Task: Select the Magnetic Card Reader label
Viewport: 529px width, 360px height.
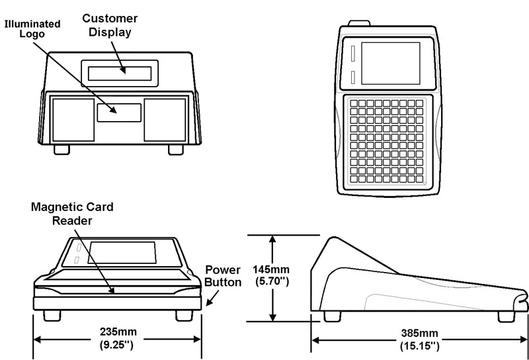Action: click(x=73, y=213)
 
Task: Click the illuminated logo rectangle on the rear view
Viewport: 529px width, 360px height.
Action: click(x=119, y=112)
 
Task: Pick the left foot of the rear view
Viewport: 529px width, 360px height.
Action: click(x=62, y=149)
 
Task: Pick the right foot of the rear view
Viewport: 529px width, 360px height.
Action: click(x=175, y=149)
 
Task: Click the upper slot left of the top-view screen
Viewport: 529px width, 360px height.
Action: click(x=354, y=52)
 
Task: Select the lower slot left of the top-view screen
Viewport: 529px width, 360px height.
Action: click(x=354, y=77)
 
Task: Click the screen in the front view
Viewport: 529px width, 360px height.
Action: click(x=122, y=253)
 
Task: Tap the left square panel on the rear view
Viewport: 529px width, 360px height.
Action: click(x=73, y=119)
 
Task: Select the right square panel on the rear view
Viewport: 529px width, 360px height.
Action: click(x=165, y=119)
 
